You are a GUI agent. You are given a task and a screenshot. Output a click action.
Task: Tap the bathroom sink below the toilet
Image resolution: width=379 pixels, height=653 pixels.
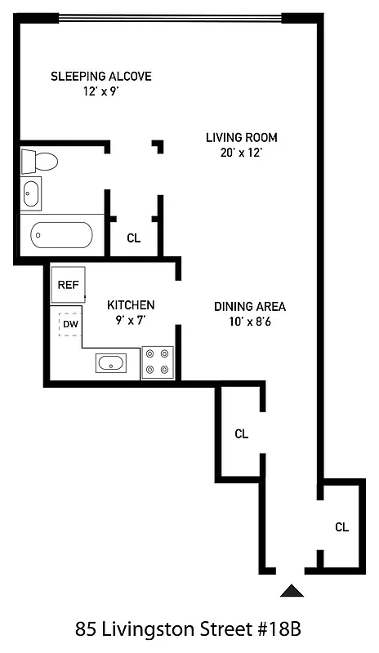tap(31, 194)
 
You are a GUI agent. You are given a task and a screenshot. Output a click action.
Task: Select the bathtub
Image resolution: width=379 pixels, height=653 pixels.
tap(61, 236)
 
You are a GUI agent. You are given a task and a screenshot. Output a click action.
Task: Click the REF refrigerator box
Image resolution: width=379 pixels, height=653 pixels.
tap(66, 286)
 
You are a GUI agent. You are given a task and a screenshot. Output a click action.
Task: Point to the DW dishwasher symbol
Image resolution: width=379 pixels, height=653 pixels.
tap(70, 324)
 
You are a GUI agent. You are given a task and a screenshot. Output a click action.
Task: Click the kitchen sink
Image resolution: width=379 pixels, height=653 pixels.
tap(110, 362)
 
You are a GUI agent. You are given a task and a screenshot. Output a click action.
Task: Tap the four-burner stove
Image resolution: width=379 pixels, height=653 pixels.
tap(158, 362)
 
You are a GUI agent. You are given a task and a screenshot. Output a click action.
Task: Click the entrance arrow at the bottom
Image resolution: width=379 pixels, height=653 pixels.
tap(292, 590)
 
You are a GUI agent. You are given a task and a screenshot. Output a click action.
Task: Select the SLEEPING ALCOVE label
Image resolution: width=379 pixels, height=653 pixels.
tap(101, 77)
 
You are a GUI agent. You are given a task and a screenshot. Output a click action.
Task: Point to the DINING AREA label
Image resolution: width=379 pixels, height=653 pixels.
tap(250, 307)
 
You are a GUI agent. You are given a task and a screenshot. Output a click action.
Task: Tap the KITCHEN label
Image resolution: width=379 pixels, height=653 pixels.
tap(131, 305)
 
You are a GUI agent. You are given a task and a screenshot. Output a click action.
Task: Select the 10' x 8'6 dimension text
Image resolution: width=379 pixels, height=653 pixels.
tap(250, 321)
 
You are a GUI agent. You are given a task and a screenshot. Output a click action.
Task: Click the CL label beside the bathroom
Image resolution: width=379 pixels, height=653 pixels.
tap(134, 238)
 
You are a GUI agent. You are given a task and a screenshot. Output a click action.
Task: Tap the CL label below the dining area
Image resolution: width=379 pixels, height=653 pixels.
tap(241, 433)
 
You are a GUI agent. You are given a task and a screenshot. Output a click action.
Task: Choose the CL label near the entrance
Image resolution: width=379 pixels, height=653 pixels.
tap(341, 527)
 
